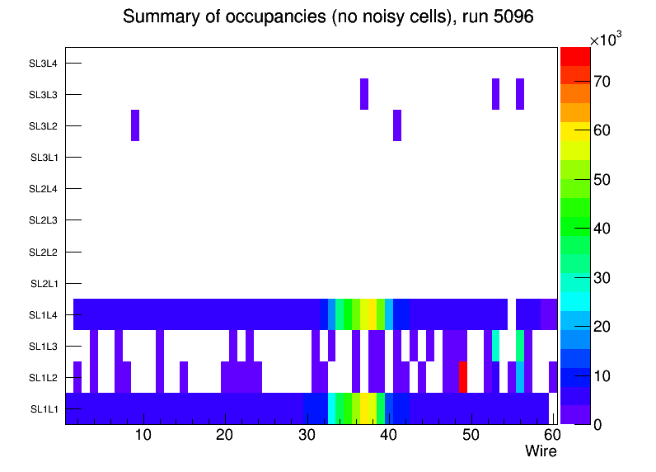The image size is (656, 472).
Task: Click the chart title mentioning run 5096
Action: tap(329, 17)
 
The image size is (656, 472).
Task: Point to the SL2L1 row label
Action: tap(45, 284)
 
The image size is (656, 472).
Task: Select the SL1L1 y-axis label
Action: tap(45, 409)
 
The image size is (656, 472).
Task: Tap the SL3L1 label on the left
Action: tap(45, 158)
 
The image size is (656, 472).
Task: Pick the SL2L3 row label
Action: tap(45, 220)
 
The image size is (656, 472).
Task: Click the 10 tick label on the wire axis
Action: tap(143, 434)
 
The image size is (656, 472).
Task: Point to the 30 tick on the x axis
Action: tap(307, 434)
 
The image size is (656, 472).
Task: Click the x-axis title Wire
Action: tap(541, 451)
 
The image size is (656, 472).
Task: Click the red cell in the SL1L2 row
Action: tap(463, 377)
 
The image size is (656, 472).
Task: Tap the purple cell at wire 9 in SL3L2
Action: tap(135, 125)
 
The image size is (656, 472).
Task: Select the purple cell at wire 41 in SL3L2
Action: tap(397, 125)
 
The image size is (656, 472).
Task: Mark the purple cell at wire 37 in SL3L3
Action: tap(364, 94)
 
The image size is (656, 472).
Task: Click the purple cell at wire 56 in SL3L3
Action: tap(520, 94)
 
